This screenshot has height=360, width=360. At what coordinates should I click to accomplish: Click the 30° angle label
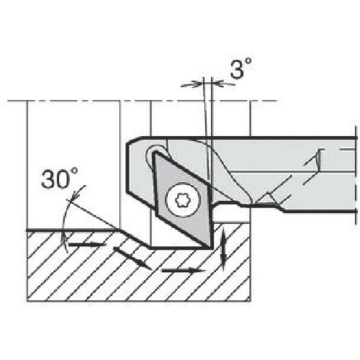coord(60,179)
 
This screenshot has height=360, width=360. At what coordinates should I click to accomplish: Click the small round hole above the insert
coord(156,153)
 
